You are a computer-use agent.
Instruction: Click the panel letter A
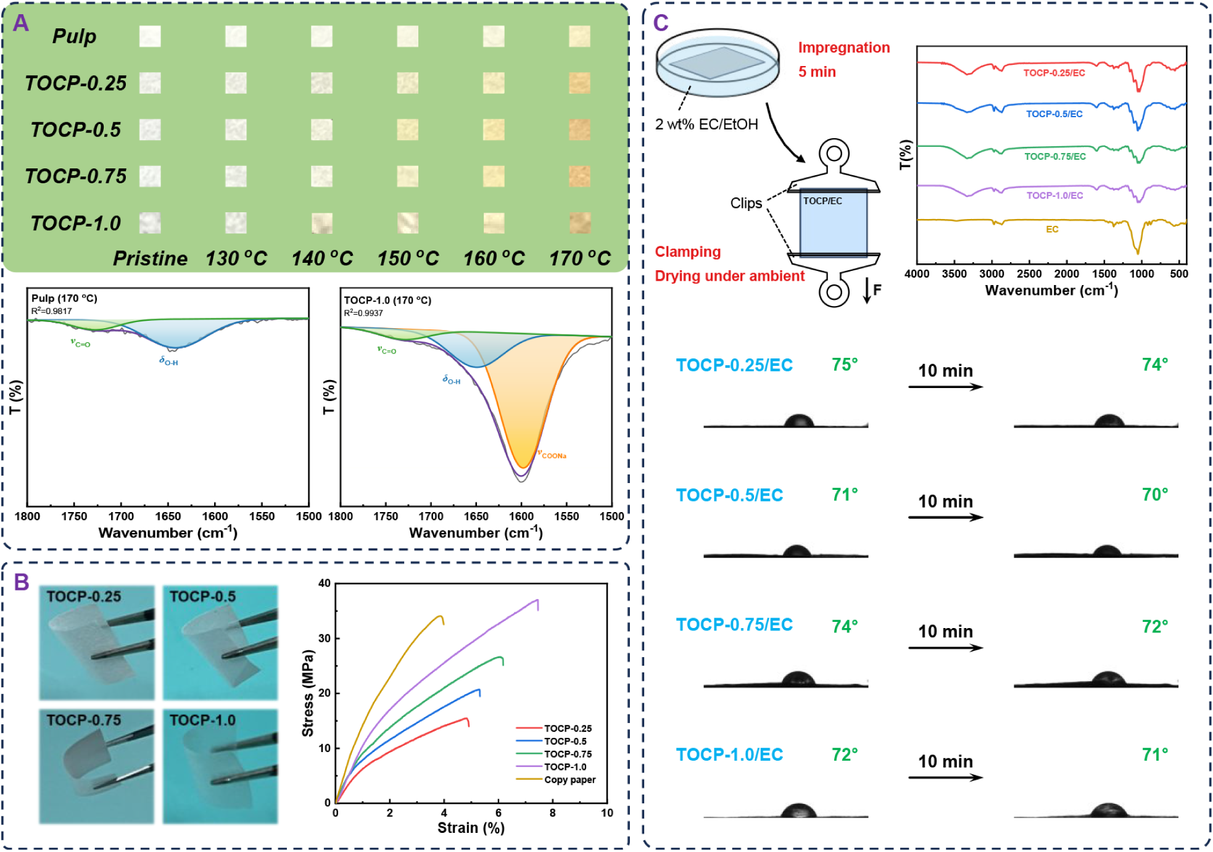[21, 23]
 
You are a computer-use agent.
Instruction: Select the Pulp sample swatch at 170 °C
[579, 36]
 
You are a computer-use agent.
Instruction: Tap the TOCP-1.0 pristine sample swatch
[150, 223]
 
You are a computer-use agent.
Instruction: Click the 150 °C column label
[408, 258]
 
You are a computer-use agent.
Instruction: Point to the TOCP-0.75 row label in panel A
[75, 176]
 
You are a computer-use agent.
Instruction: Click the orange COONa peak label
[553, 455]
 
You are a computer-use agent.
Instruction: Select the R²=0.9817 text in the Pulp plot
[52, 311]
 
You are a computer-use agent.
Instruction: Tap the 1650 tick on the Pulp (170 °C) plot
[168, 516]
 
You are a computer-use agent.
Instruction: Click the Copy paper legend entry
[569, 780]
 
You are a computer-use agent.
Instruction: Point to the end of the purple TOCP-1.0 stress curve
[537, 600]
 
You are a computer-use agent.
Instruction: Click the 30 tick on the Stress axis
[325, 638]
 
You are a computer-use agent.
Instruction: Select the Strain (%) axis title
[471, 828]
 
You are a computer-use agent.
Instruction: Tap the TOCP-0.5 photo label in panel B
[202, 597]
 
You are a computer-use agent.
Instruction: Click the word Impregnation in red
[843, 48]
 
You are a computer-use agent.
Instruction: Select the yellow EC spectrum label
[1052, 230]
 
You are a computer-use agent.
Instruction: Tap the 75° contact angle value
[845, 365]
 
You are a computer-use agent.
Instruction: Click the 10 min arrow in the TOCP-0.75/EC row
[945, 647]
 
